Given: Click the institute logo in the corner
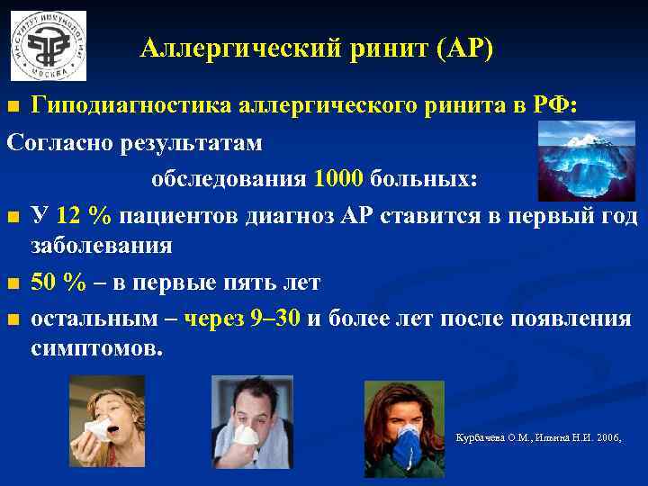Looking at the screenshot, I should click(x=49, y=46).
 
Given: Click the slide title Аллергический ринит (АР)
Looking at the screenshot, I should click(x=317, y=49).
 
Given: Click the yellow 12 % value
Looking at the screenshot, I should click(x=83, y=217).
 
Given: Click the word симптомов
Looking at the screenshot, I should click(x=98, y=348).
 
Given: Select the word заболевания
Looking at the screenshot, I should click(x=102, y=246).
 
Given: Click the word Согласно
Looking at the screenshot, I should click(x=59, y=143).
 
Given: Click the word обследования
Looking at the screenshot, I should click(x=229, y=178).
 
